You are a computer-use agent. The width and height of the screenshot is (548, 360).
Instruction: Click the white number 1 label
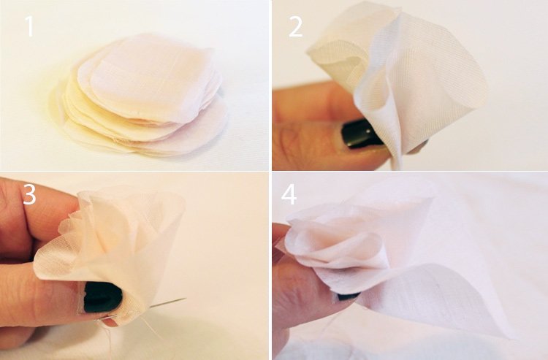tap(30, 26)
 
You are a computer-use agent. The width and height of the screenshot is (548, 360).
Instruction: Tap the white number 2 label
tap(296, 26)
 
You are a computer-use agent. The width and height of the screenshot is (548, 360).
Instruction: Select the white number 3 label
tap(29, 194)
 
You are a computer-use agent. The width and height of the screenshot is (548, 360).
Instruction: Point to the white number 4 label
tap(289, 194)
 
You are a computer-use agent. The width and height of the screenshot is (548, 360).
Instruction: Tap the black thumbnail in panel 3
tap(102, 297)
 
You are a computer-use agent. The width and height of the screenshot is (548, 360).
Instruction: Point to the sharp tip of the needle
tap(186, 298)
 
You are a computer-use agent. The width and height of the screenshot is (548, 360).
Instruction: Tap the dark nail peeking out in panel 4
tap(348, 296)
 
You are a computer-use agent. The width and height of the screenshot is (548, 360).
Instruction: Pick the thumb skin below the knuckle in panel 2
tap(314, 147)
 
